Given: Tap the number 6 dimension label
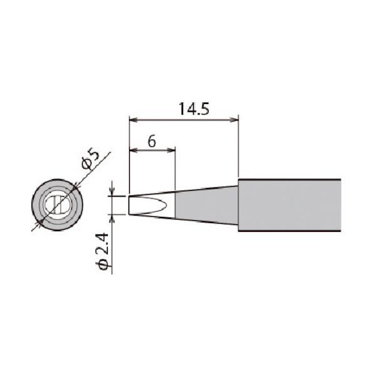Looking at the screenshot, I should click(x=151, y=141).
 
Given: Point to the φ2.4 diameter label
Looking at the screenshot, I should click(x=105, y=249).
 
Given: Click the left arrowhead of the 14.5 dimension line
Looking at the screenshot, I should click(x=132, y=118).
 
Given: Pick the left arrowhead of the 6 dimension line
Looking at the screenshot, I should click(x=132, y=150).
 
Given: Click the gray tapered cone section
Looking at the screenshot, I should click(x=207, y=205).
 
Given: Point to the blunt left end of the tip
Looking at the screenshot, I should click(x=130, y=205).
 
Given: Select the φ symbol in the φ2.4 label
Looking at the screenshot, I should click(x=105, y=264).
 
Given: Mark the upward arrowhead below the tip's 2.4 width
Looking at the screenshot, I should click(x=112, y=217).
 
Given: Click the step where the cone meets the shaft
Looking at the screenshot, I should click(x=238, y=205).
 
